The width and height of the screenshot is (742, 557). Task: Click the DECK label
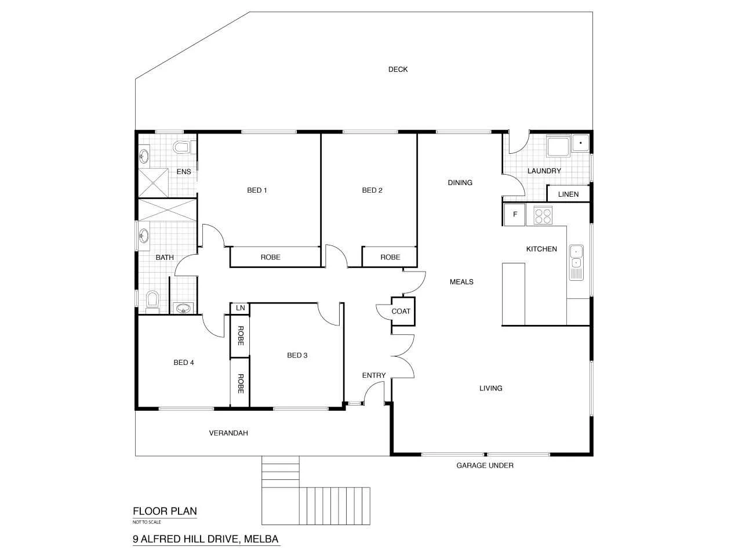398,70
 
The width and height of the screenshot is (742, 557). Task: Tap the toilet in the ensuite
181,147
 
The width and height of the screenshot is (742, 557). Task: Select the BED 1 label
257,190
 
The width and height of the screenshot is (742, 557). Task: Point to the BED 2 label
372,190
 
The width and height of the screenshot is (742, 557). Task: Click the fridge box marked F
514,215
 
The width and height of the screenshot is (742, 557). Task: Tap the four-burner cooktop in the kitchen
543,216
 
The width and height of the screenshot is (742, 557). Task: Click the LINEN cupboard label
568,194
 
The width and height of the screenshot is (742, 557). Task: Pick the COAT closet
401,312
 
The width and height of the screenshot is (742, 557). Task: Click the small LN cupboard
240,308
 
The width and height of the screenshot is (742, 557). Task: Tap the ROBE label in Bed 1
270,257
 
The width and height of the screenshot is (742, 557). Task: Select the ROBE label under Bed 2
390,257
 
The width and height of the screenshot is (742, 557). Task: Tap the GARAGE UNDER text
485,465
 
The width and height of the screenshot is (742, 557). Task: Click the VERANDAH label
228,433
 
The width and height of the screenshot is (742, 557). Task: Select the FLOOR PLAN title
165,512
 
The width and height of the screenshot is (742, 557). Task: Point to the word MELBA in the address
261,540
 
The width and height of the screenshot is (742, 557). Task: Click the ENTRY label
374,375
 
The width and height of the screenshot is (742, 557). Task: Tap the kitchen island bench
513,294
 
